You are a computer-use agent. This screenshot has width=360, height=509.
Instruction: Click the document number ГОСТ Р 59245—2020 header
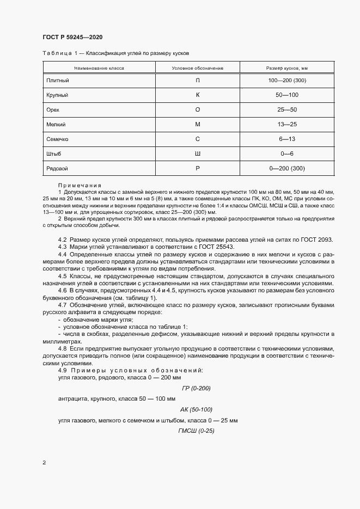pos(72,37)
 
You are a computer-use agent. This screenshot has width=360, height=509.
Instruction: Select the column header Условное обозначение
pos(198,68)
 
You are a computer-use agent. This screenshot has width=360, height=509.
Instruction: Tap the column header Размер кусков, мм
pos(287,68)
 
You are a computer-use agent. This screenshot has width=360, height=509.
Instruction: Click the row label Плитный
pos(58,81)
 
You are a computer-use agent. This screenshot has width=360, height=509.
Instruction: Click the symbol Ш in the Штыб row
pos(198,154)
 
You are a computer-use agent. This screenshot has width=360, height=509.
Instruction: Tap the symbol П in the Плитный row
pos(198,81)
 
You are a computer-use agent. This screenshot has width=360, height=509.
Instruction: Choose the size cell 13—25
pos(287,125)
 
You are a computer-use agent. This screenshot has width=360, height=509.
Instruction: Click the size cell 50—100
pos(287,95)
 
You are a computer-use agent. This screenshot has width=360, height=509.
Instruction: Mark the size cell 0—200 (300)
pos(287,169)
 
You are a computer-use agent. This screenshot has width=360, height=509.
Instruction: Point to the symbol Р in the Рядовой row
pos(198,169)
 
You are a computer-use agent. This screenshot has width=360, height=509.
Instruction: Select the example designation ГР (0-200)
pos(195,388)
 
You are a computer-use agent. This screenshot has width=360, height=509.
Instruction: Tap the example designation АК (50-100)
pos(196,409)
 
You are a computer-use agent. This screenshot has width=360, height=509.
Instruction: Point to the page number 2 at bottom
pos(44,463)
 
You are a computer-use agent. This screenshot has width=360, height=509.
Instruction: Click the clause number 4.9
pos(63,370)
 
